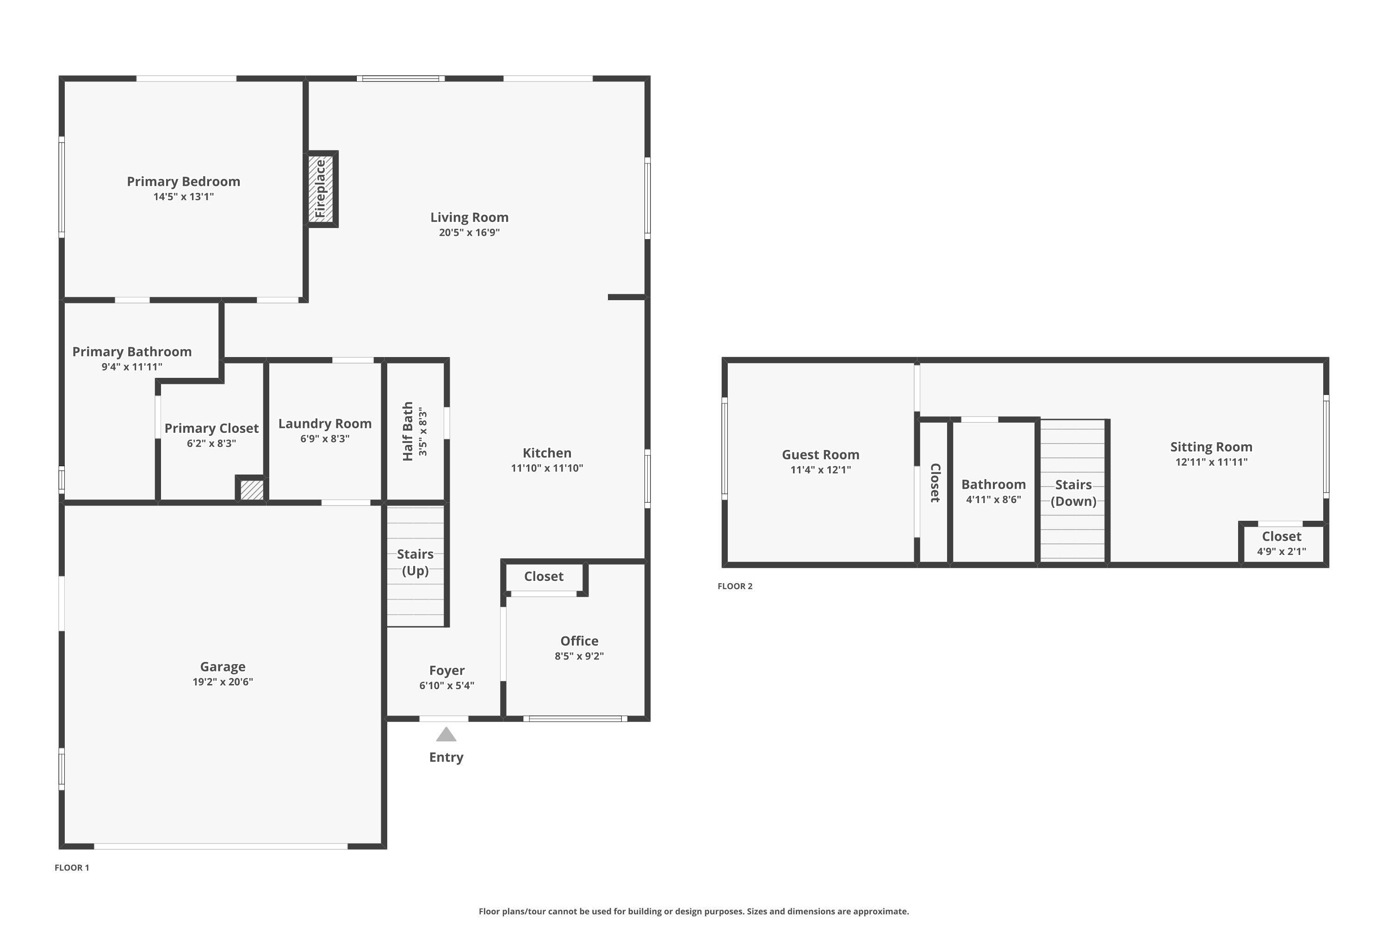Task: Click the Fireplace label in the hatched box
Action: [321, 189]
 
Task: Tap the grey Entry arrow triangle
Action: [446, 734]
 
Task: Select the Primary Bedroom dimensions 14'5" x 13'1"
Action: [184, 197]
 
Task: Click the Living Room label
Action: [469, 217]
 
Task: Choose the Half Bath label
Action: [408, 431]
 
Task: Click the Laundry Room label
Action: [325, 424]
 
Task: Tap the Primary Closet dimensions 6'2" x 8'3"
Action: [211, 444]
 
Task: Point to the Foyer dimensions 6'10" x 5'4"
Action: [447, 685]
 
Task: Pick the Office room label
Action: [579, 641]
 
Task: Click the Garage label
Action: [223, 666]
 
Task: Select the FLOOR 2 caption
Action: [735, 586]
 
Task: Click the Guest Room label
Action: [820, 455]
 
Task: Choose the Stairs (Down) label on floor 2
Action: [1073, 493]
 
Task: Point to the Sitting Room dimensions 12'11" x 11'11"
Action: [1211, 462]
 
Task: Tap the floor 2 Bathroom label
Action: [993, 484]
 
